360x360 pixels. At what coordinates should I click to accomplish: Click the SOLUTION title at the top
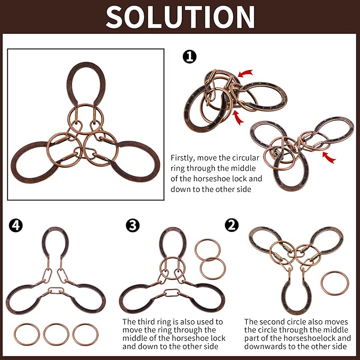click(180, 17)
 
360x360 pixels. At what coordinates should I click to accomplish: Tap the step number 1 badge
click(190, 57)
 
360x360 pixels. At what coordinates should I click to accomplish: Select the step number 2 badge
click(232, 225)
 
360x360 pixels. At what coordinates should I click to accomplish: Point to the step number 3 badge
click(133, 225)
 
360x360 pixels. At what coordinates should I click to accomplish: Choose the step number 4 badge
click(15, 225)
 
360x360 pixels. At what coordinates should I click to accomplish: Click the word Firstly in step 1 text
click(182, 159)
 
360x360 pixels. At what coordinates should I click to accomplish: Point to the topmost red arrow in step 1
click(245, 73)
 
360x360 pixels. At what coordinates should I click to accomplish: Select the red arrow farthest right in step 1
click(329, 157)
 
